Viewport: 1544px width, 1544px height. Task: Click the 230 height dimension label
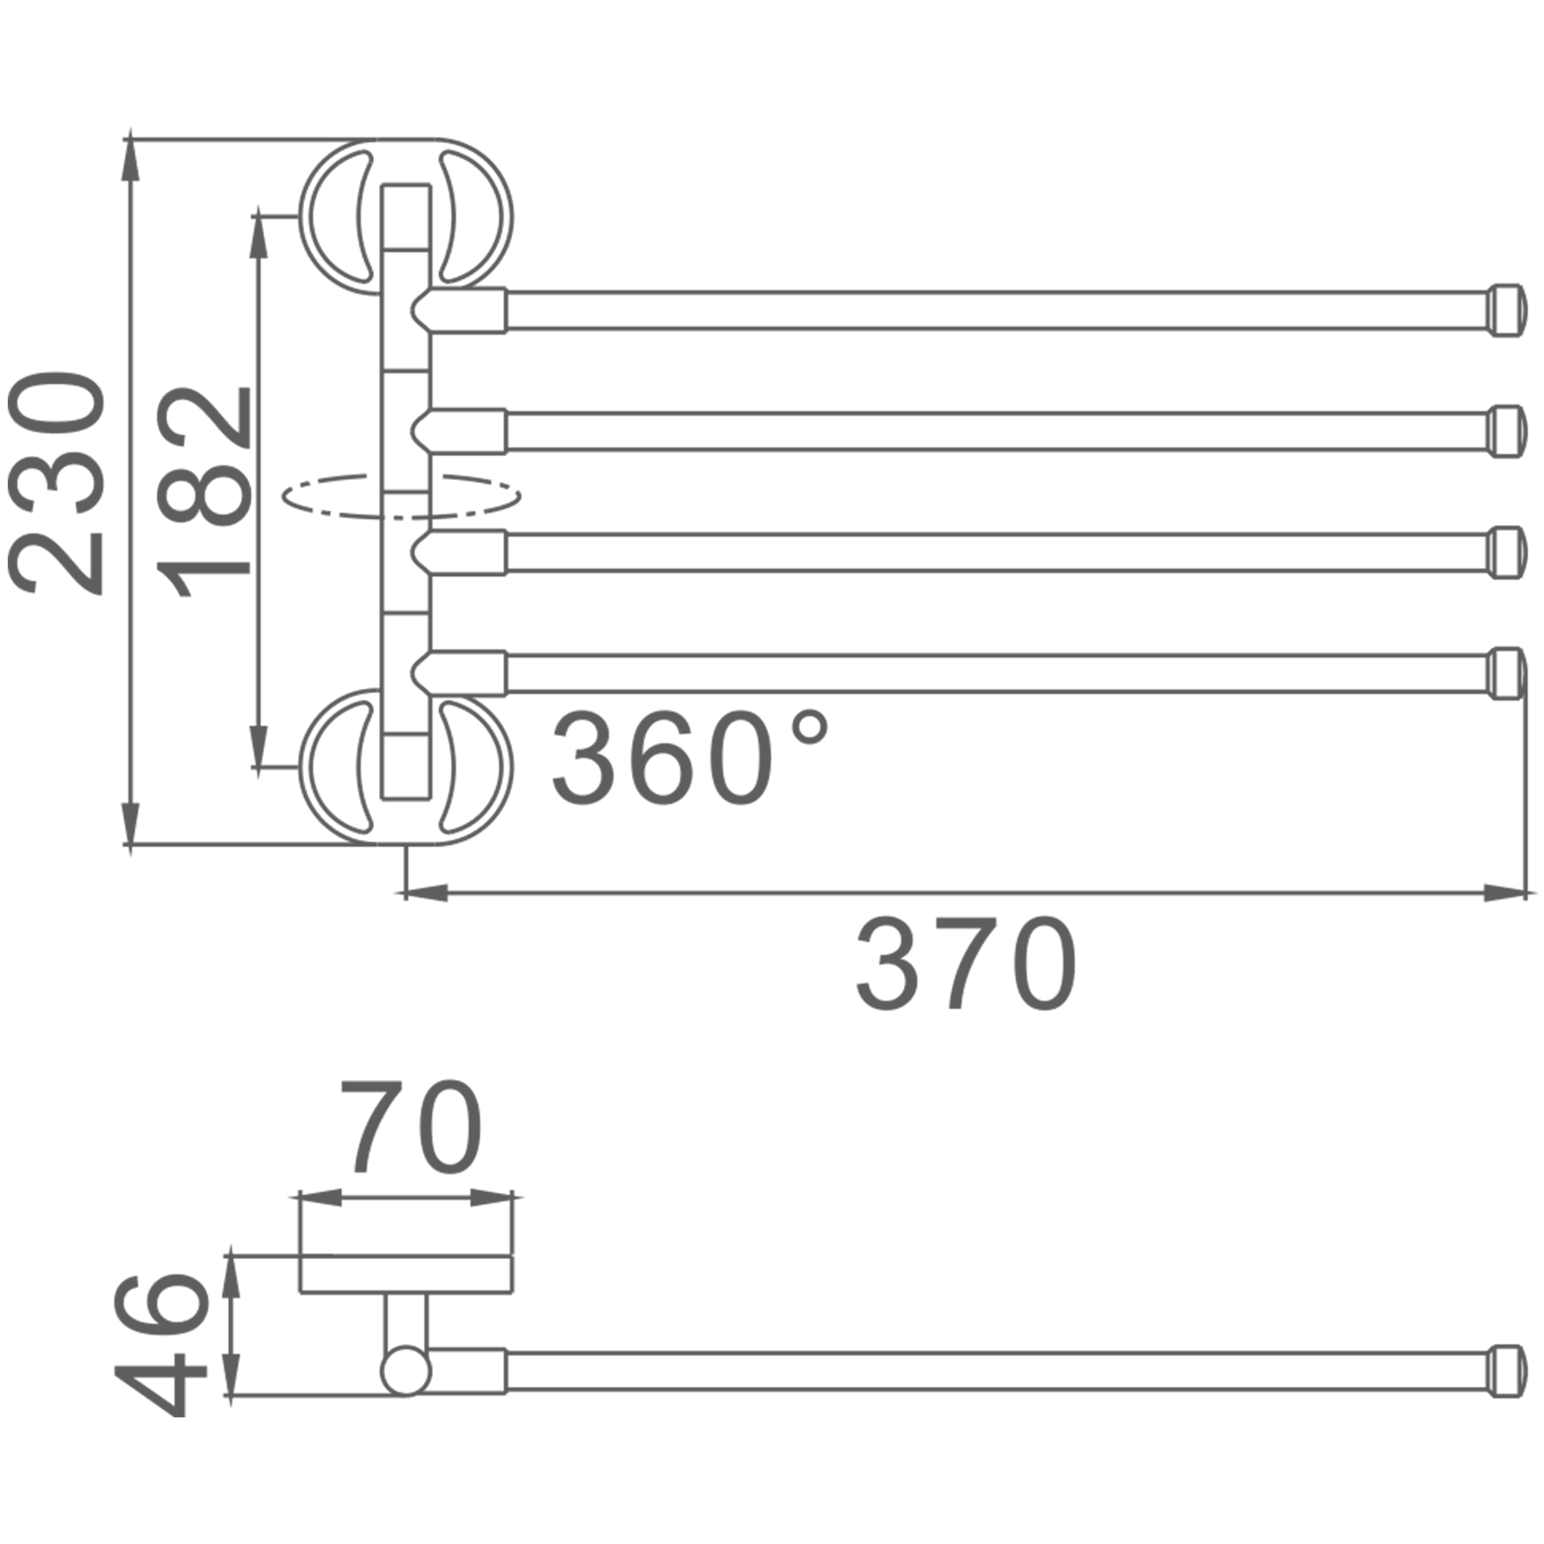pos(56,482)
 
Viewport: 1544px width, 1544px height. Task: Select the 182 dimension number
pos(203,493)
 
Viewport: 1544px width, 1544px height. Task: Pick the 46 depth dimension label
pos(161,1356)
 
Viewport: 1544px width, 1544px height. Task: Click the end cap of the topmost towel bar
pos(1506,310)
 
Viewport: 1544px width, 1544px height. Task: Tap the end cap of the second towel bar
pos(1506,432)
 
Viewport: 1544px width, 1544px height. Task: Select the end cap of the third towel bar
pos(1506,552)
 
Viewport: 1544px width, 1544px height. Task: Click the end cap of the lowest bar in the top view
pos(1506,674)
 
